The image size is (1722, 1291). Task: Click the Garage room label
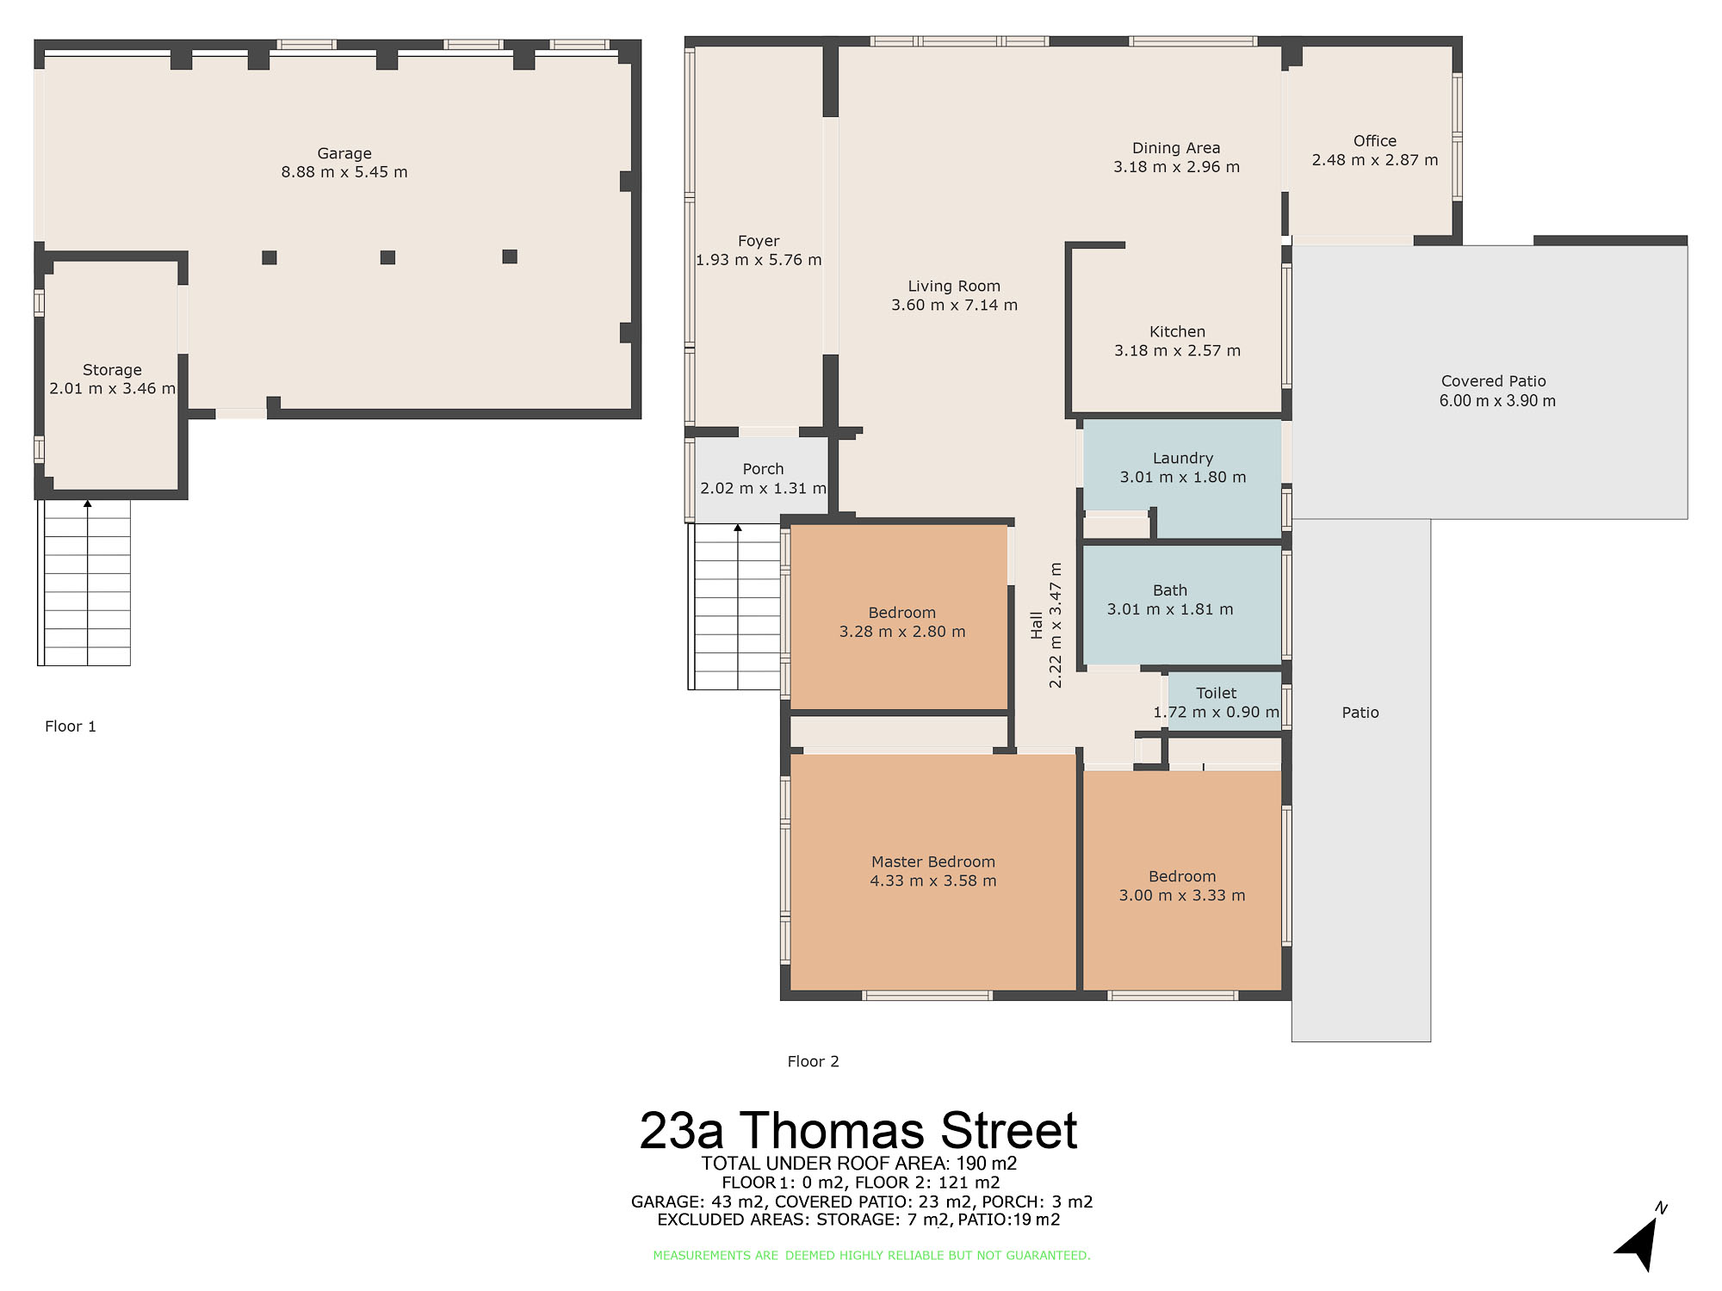tap(344, 153)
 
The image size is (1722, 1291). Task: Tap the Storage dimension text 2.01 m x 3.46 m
tap(112, 388)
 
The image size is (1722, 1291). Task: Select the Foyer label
tap(759, 241)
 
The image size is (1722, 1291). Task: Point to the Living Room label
tap(954, 286)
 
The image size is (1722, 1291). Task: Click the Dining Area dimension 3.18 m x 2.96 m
tap(1176, 167)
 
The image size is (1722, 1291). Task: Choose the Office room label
tap(1375, 141)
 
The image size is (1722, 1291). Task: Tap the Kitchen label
tap(1177, 331)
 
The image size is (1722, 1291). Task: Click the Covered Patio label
tap(1494, 381)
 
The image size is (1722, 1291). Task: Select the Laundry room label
tap(1183, 459)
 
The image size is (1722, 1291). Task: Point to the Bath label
tap(1170, 590)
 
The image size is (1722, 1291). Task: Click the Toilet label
tap(1216, 693)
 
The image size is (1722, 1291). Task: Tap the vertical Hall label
tap(1037, 625)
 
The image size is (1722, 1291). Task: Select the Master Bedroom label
tap(933, 862)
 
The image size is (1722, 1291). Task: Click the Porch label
tap(763, 469)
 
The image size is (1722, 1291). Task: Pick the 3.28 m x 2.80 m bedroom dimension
tap(902, 632)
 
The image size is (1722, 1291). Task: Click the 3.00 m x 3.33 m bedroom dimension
tap(1182, 895)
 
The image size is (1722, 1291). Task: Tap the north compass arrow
tap(1638, 1242)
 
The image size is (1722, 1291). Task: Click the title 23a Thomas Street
tap(858, 1130)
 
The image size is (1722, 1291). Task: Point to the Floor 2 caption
tap(813, 1061)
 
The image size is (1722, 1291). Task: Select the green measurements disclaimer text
tap(871, 1256)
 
